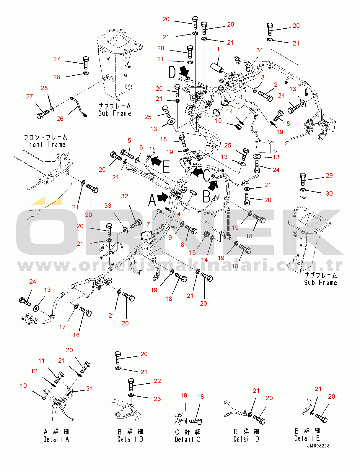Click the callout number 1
coord(218,49)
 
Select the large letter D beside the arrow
coord(172,72)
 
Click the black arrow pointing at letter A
coord(163,197)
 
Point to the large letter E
coord(166,166)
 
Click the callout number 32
coord(125,196)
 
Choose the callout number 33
coord(108,206)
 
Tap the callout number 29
coord(329,176)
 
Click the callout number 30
coord(329,194)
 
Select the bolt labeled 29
coord(303,179)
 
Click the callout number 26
coord(60,119)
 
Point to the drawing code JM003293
coord(318,446)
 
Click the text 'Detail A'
coord(56,439)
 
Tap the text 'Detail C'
coord(187,439)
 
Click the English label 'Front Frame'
coord(45,145)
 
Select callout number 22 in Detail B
coord(157,381)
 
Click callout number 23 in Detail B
coord(157,399)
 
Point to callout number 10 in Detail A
coord(23,386)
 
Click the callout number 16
coord(76,335)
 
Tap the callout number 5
coord(129,141)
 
